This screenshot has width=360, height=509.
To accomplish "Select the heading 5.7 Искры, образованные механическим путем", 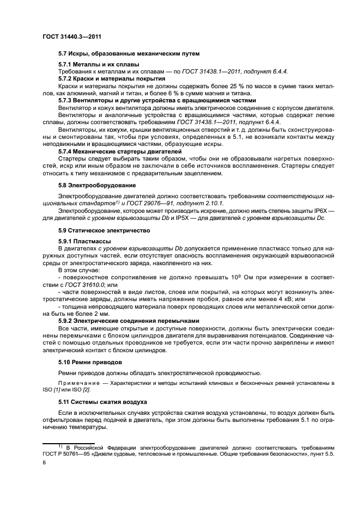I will pyautogui.click(x=129, y=53).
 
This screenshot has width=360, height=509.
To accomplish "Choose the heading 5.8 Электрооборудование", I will pyautogui.click(x=97, y=185).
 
